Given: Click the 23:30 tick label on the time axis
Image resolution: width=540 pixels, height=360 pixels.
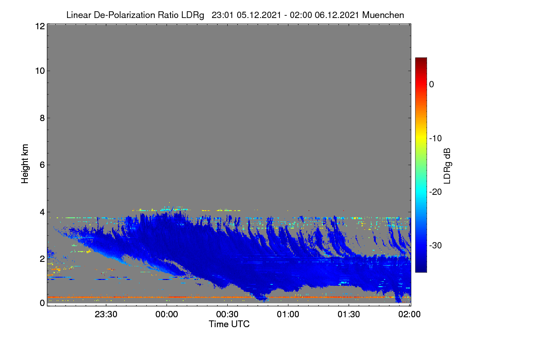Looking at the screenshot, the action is pos(106,315).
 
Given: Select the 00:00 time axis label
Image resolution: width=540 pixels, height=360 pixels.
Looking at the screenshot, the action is pos(166,315).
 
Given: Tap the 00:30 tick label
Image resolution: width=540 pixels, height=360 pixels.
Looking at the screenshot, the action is pos(227,315).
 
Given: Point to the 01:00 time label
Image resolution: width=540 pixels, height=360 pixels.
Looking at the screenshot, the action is pos(288,315).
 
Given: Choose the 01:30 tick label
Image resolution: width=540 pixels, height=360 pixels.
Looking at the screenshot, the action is pos(349,315).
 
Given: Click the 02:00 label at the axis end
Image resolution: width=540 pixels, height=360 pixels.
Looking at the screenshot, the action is pos(409,315).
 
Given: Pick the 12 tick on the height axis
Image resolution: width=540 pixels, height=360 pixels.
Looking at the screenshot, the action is pos(40,26).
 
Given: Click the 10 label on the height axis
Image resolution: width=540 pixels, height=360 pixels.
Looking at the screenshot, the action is pos(40,71).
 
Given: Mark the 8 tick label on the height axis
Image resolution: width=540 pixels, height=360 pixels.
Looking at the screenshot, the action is pos(42,118).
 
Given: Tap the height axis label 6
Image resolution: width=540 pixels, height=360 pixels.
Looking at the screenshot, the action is pos(42,165).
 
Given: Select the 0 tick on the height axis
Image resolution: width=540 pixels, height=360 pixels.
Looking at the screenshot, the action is pos(42,303).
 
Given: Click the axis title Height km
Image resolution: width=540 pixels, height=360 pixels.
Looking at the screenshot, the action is pos(25,164).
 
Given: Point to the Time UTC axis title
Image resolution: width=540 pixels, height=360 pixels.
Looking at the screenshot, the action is pos(229,324).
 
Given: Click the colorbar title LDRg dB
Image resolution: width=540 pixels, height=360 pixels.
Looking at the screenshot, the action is pos(447,166).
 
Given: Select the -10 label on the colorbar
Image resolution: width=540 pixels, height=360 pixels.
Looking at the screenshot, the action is pos(436,139).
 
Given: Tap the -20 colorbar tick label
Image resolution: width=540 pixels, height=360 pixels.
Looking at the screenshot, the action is pos(436,192).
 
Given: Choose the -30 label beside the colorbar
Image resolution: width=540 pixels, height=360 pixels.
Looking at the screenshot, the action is pos(436,245).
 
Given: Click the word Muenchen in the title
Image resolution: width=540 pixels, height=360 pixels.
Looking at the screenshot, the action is pos(383,15).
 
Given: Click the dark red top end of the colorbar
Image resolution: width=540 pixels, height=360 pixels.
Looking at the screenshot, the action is pos(421,59).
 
